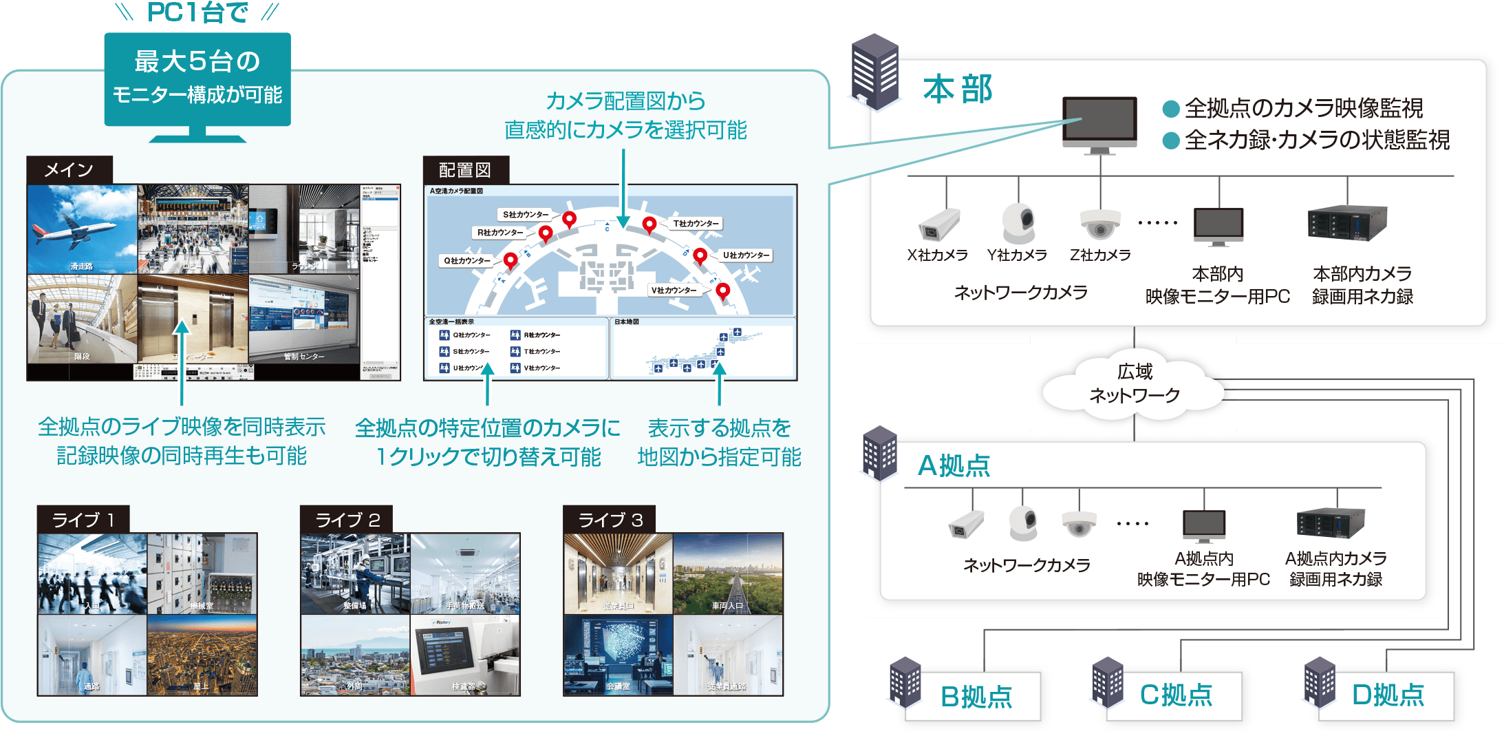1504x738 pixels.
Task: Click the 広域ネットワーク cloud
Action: [x=1134, y=384]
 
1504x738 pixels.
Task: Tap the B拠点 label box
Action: [x=976, y=697]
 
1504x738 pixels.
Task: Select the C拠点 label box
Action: [x=1176, y=695]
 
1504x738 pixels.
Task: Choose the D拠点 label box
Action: [x=1388, y=695]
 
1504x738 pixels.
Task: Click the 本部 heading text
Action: [x=957, y=89]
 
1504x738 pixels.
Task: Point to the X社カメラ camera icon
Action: [x=938, y=224]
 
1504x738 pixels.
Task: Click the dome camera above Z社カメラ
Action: [x=1099, y=224]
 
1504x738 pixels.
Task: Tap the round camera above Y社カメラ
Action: [x=1018, y=222]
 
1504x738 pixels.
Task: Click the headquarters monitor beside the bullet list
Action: [x=1099, y=123]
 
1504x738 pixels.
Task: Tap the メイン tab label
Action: [x=69, y=170]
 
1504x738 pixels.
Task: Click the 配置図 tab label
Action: [x=465, y=170]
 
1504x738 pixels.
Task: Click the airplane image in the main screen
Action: [x=82, y=229]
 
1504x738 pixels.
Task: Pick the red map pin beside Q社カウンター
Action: [x=511, y=260]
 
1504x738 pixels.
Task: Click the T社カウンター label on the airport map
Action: [x=696, y=224]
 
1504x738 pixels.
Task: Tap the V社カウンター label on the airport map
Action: [x=674, y=291]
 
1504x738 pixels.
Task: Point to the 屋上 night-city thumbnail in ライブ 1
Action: [x=202, y=655]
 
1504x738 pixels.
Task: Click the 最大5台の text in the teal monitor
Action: [x=197, y=61]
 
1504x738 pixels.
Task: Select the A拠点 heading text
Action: [x=954, y=466]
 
